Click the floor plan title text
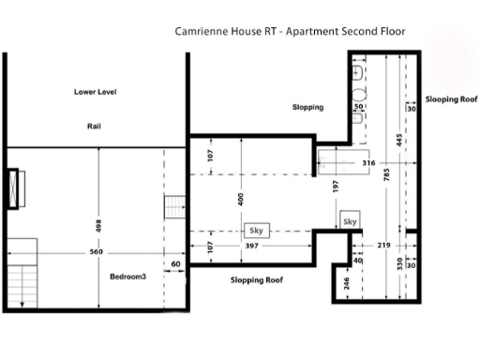290,31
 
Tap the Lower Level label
100,92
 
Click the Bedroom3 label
127,277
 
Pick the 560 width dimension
97,253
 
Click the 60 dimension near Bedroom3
174,264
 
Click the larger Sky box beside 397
255,230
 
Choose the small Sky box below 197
350,221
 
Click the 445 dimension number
399,140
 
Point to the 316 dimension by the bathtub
368,162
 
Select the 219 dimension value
383,245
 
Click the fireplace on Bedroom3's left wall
13,187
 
